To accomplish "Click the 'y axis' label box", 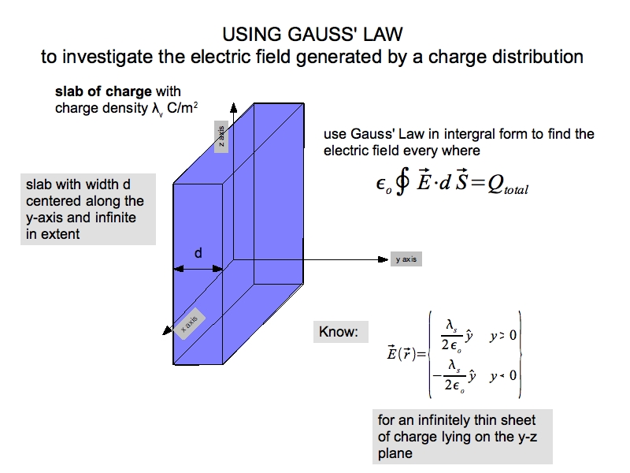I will coord(406,259).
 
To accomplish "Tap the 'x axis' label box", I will coord(189,325).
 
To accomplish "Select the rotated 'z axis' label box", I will coord(222,139).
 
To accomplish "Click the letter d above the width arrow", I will coord(198,254).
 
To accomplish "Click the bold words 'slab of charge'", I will coord(105,92).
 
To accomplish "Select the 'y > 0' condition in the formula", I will coord(502,336).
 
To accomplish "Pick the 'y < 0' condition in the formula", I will coord(502,375).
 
